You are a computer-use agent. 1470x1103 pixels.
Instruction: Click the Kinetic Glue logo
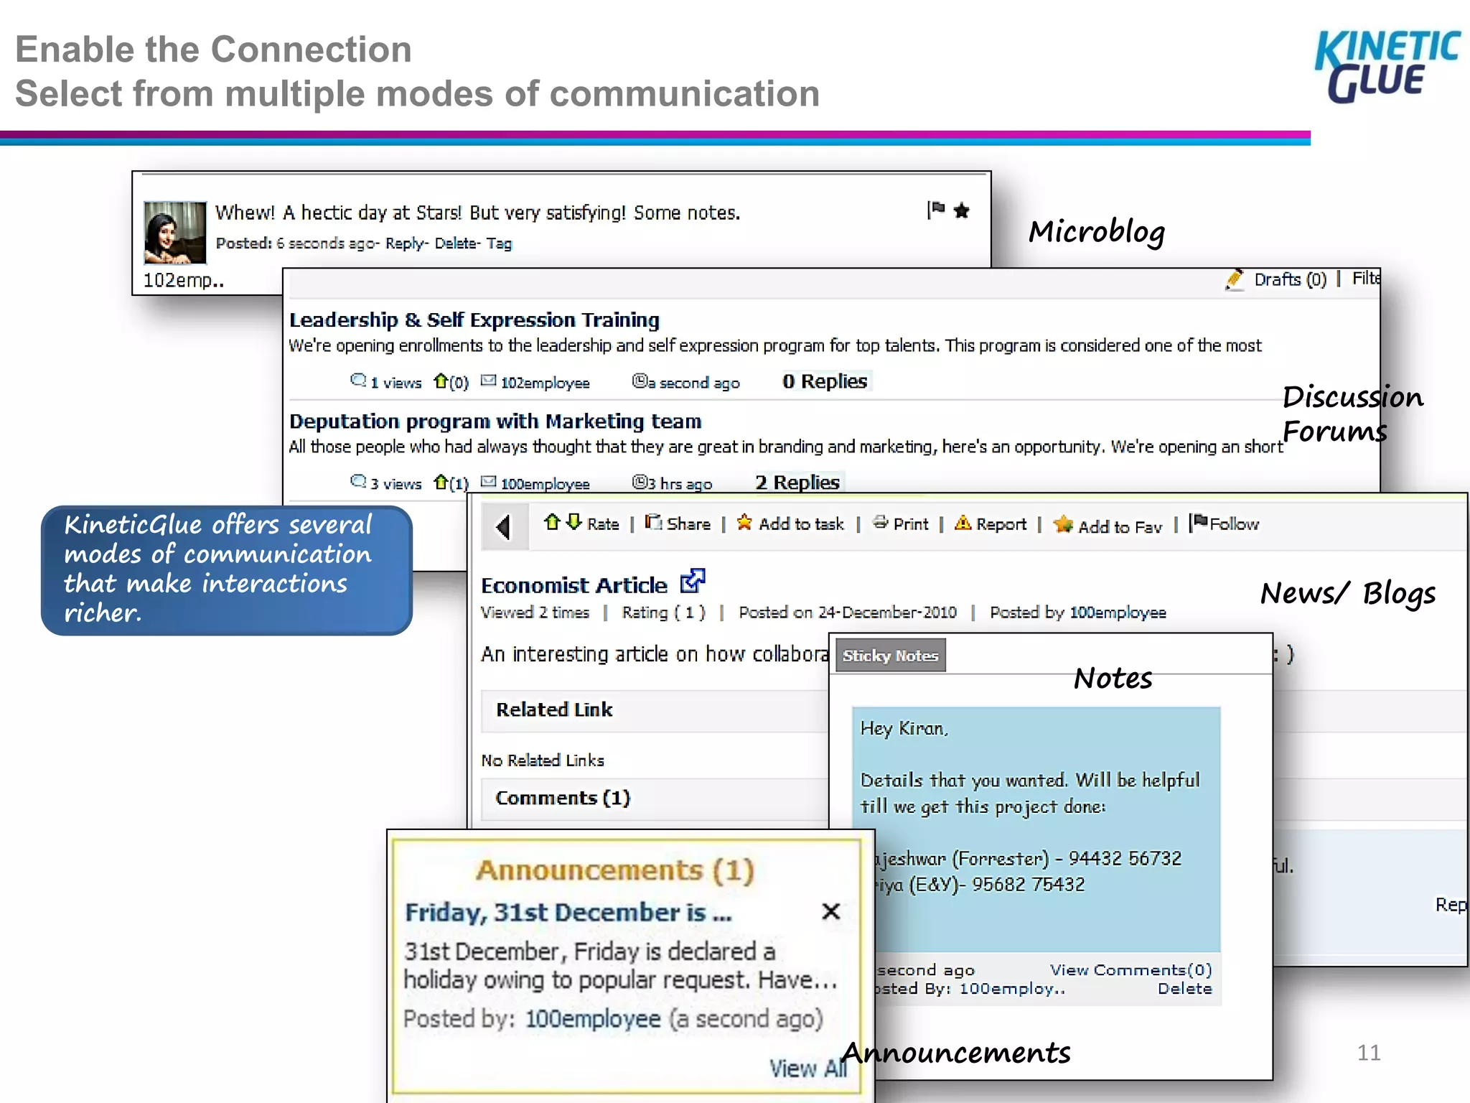[1386, 66]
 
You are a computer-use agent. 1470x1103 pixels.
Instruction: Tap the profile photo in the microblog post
[174, 233]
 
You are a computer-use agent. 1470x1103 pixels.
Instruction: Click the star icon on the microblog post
[962, 210]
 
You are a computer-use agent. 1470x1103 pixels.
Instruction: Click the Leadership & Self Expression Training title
[474, 320]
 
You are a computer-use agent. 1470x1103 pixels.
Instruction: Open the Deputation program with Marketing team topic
[495, 421]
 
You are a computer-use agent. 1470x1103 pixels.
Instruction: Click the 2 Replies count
[797, 483]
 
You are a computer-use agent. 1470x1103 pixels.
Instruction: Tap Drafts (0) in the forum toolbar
[1289, 279]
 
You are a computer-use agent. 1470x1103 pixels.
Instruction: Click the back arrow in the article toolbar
[504, 526]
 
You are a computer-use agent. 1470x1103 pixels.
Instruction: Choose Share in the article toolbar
[687, 524]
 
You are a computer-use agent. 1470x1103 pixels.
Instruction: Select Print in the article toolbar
[909, 524]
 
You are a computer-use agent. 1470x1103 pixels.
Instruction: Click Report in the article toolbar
[1000, 524]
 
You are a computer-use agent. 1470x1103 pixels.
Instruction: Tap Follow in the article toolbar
[1233, 524]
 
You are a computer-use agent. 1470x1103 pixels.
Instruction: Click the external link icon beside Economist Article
[693, 581]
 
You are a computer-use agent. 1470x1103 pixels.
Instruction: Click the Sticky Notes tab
[890, 656]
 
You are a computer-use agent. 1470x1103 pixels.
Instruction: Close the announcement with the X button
[830, 911]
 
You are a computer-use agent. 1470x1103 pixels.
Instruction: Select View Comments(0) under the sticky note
[1130, 970]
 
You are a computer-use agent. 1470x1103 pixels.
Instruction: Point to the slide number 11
[1368, 1053]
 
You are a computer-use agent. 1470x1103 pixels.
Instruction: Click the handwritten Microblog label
[1097, 232]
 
